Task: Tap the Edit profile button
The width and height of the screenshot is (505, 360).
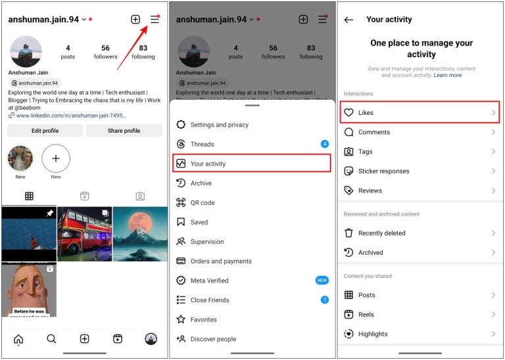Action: click(45, 131)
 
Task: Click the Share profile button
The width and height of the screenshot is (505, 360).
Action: click(124, 131)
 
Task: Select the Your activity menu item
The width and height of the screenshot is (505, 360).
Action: click(252, 164)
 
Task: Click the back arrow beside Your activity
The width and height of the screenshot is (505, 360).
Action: click(349, 20)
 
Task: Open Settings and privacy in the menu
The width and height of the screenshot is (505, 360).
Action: click(220, 125)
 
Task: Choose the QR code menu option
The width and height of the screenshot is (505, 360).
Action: click(203, 203)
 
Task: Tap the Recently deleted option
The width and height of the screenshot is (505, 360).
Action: click(381, 233)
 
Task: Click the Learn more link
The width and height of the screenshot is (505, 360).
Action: click(448, 75)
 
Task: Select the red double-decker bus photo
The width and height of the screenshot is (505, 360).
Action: click(84, 234)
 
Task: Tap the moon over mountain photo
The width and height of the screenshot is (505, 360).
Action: click(140, 234)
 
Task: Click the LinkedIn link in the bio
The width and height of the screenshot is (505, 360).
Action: click(71, 116)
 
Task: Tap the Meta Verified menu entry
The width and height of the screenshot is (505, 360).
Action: click(209, 281)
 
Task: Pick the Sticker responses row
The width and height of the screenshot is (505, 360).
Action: click(383, 171)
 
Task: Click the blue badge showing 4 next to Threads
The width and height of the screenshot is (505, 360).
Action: click(324, 144)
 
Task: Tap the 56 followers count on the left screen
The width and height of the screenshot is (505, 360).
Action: click(105, 52)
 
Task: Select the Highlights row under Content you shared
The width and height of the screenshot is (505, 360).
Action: click(373, 334)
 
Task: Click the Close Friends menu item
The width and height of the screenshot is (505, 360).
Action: click(210, 300)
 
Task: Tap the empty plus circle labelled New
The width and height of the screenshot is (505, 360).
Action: click(56, 158)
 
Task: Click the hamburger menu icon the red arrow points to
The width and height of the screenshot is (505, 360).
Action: click(155, 20)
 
